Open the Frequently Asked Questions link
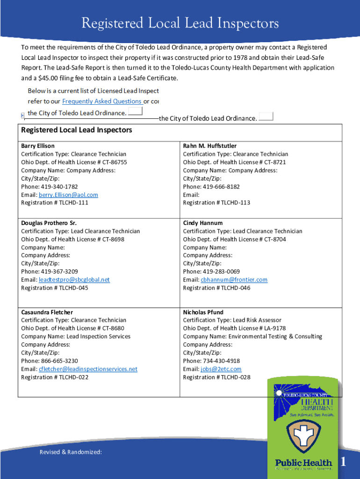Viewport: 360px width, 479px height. coord(102,101)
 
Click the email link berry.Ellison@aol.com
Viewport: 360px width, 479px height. coord(68,195)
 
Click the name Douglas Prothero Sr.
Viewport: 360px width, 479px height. coord(49,223)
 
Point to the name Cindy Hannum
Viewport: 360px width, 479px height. coord(202,223)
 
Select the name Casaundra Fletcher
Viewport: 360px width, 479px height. coord(47,312)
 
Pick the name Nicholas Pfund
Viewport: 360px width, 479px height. coord(203,312)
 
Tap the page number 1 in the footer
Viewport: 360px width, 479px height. coord(343,462)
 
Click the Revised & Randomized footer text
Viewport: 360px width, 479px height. coord(71,452)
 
